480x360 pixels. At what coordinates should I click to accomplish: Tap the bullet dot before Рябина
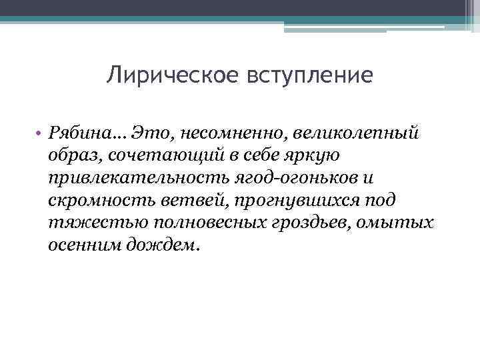click(39, 133)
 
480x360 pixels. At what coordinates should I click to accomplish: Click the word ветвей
click(183, 199)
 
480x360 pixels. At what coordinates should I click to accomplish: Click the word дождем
click(164, 244)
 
